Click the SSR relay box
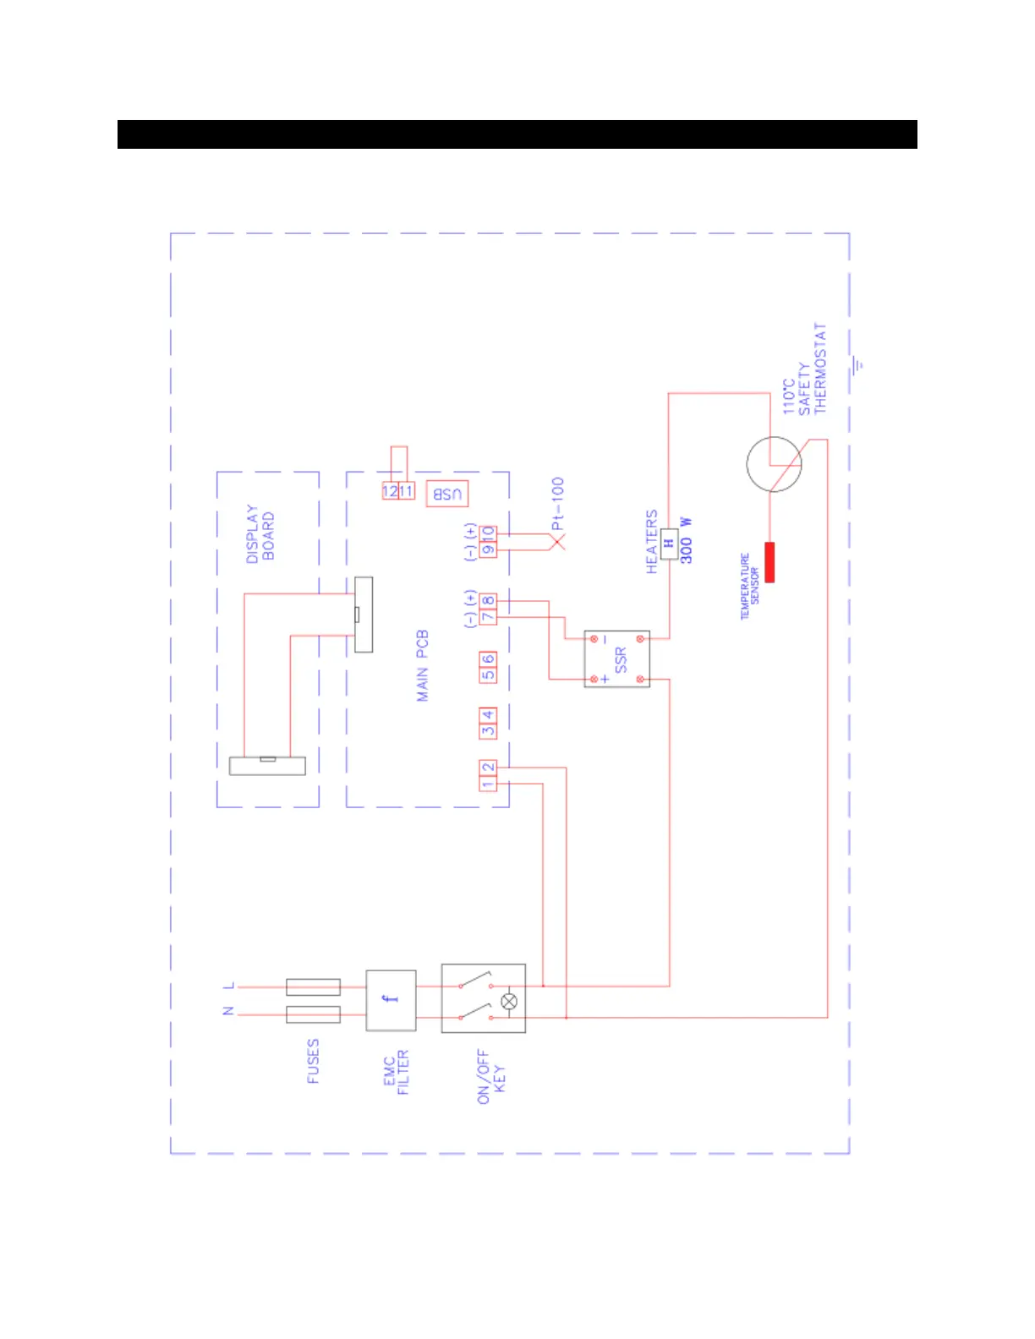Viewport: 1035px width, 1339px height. (x=617, y=659)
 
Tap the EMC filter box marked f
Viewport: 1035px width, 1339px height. (x=391, y=1000)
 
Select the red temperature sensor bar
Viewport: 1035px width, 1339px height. (x=769, y=562)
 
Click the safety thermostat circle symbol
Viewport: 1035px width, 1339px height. (x=774, y=464)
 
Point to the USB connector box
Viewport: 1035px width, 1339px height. (x=447, y=493)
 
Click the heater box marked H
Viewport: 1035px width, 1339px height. (x=669, y=544)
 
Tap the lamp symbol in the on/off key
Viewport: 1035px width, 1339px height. (x=509, y=1002)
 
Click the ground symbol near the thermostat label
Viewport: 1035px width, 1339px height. (x=858, y=365)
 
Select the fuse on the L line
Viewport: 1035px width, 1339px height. (x=313, y=986)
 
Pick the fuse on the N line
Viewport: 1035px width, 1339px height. (x=313, y=1014)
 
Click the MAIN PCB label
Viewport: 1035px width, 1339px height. (x=423, y=665)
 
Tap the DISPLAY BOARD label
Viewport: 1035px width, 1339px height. (x=260, y=534)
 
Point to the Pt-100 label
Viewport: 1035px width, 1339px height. (x=557, y=504)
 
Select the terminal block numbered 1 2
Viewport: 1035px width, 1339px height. (x=488, y=776)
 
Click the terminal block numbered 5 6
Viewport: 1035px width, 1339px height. (x=488, y=667)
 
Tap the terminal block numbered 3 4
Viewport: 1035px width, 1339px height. (x=488, y=723)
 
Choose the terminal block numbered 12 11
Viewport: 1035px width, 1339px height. (x=398, y=491)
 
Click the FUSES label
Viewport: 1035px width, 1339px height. (x=313, y=1062)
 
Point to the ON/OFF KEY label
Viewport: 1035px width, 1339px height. (x=490, y=1077)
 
